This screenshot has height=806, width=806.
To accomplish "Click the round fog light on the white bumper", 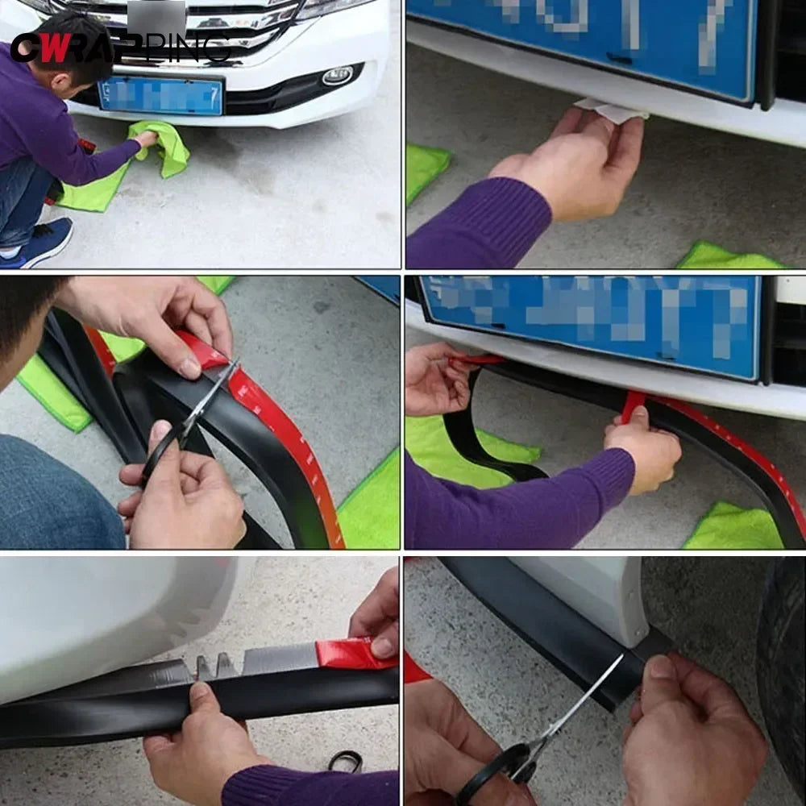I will point(337,76).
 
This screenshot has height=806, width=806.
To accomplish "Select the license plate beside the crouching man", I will point(160,96).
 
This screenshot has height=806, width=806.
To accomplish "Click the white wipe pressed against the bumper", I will point(612,110).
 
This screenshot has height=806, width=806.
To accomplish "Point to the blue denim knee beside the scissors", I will point(56,492).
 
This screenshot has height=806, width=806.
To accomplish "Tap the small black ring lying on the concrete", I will point(345,760).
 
